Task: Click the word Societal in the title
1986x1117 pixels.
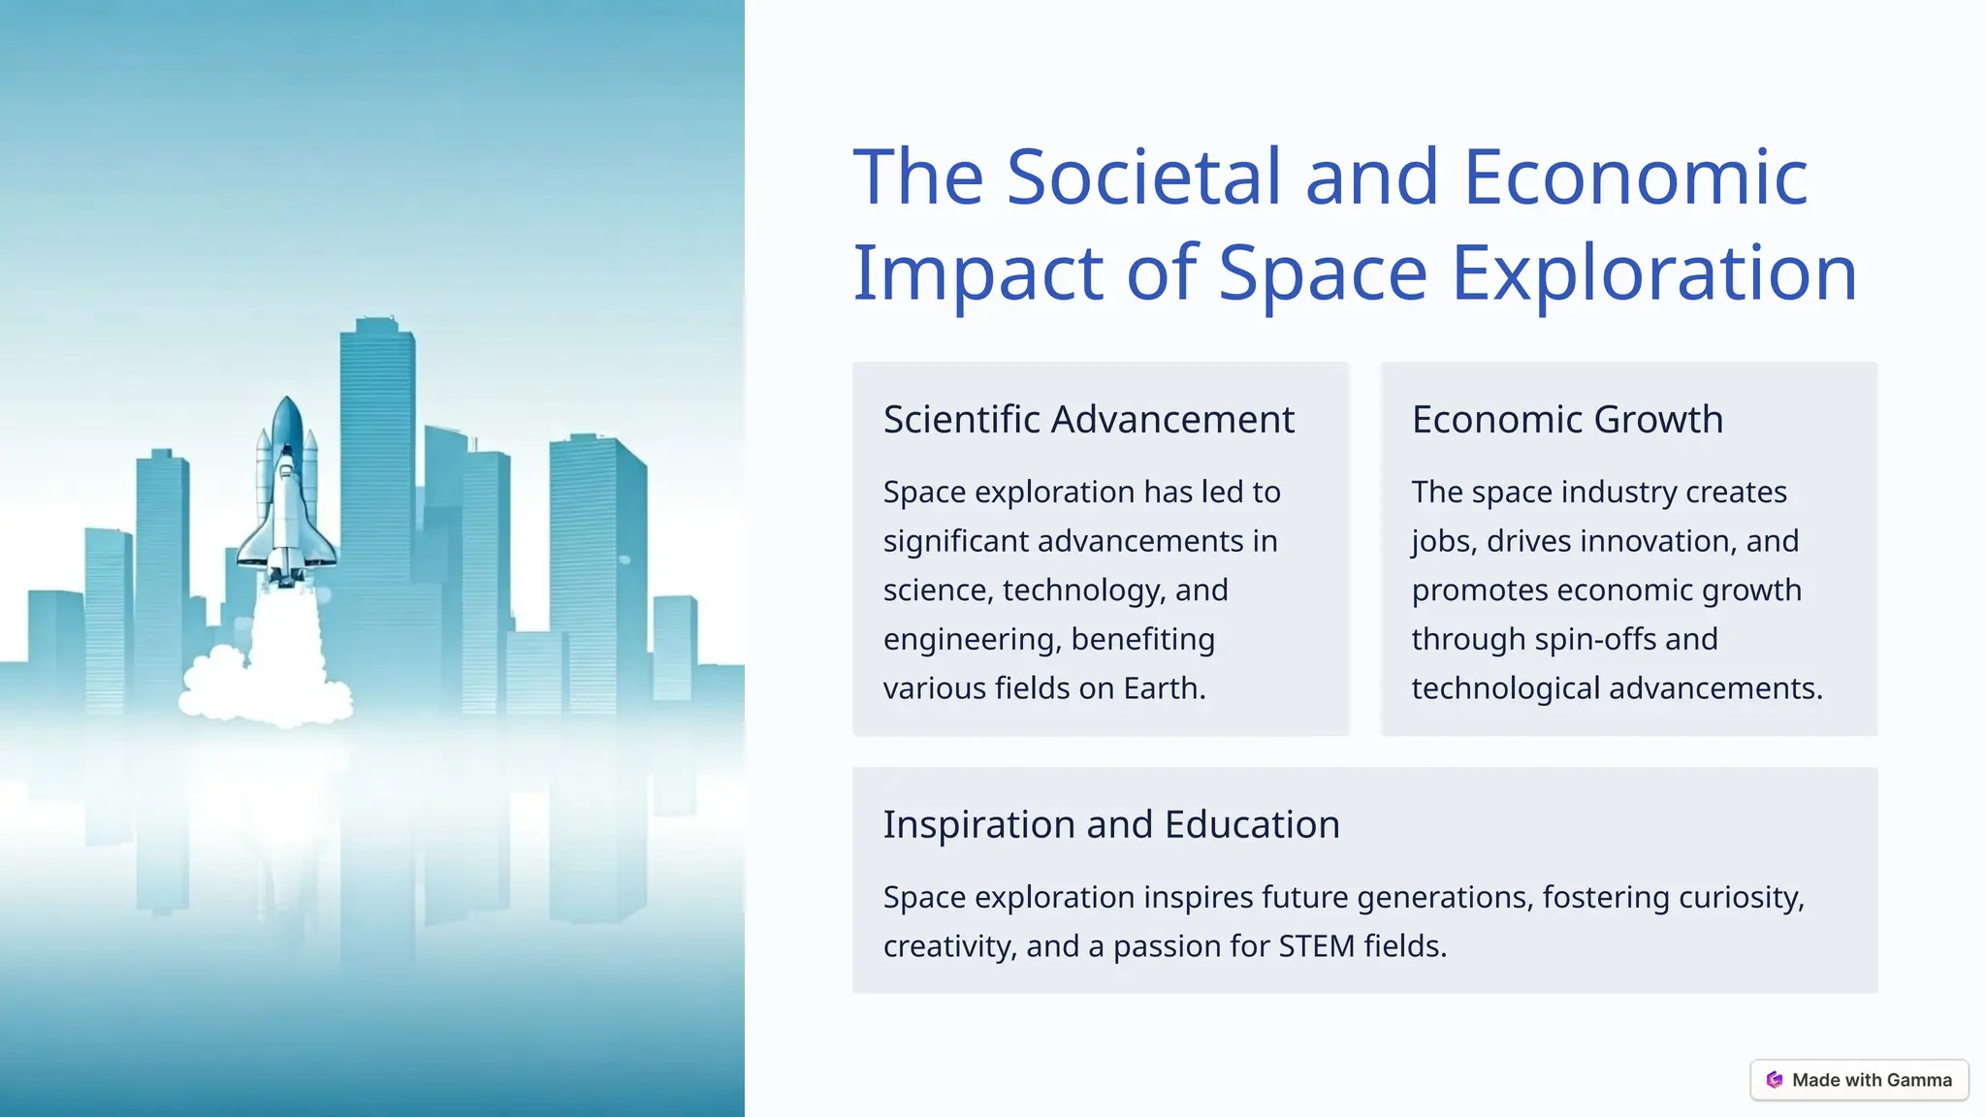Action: tap(1144, 177)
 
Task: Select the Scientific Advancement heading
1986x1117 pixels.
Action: tap(1088, 420)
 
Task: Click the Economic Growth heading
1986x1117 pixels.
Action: tap(1567, 420)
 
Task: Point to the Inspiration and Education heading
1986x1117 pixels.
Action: tap(1110, 824)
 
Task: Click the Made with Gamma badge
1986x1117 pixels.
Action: tap(1859, 1080)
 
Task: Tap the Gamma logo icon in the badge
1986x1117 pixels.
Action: tap(1775, 1080)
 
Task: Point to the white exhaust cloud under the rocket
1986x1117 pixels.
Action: tap(267, 684)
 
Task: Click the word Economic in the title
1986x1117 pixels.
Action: tap(1635, 177)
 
